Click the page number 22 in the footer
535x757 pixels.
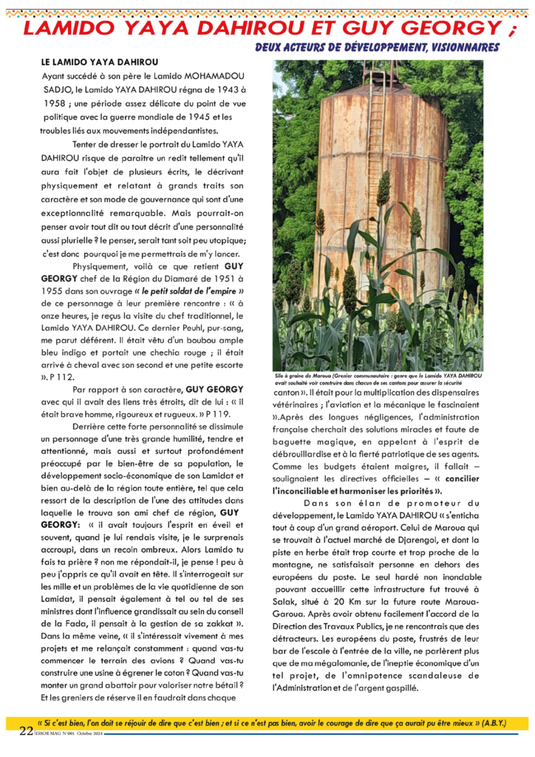tap(26, 730)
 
